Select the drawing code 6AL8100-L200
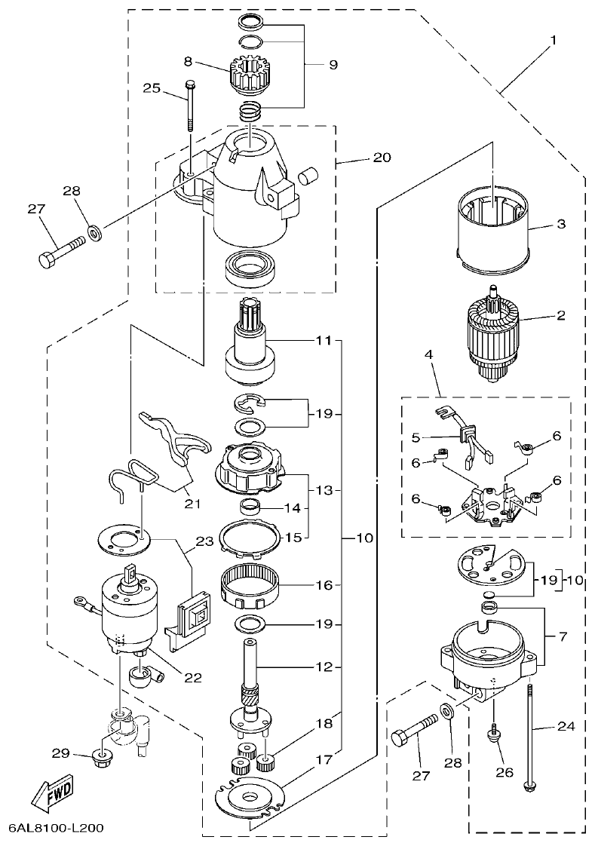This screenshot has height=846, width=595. pos(56,828)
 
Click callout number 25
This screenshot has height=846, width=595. pos(152,88)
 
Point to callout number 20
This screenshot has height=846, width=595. pos(382,158)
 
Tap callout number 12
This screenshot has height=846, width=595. pos(324,667)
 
